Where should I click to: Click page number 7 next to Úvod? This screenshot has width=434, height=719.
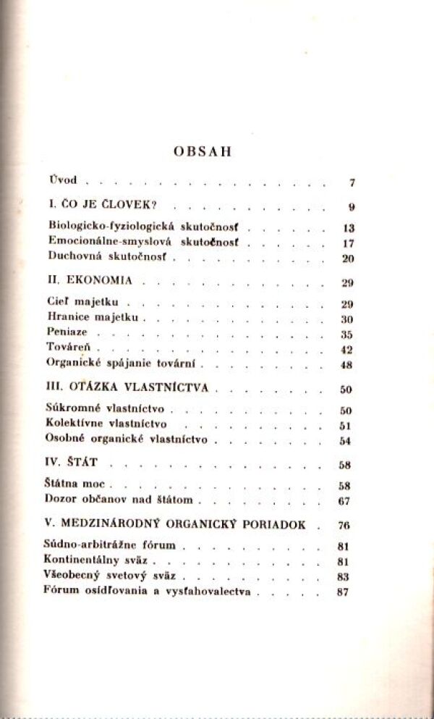[x=351, y=182]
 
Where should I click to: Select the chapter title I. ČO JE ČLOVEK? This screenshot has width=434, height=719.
[x=95, y=205]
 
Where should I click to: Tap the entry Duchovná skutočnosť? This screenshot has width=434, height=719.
[x=108, y=256]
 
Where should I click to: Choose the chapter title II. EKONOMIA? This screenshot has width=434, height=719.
[x=90, y=279]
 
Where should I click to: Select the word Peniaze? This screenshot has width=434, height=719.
[x=67, y=332]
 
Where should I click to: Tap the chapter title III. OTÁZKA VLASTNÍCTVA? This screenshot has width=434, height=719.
[x=127, y=387]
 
